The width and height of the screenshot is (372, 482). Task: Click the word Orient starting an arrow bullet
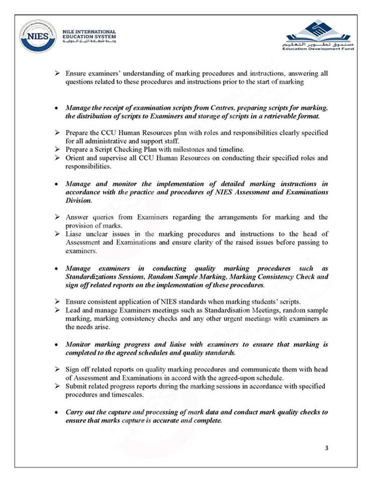[76, 158]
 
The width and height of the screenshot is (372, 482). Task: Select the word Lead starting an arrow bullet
[73, 308]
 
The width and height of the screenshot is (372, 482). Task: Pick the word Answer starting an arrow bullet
[77, 216]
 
